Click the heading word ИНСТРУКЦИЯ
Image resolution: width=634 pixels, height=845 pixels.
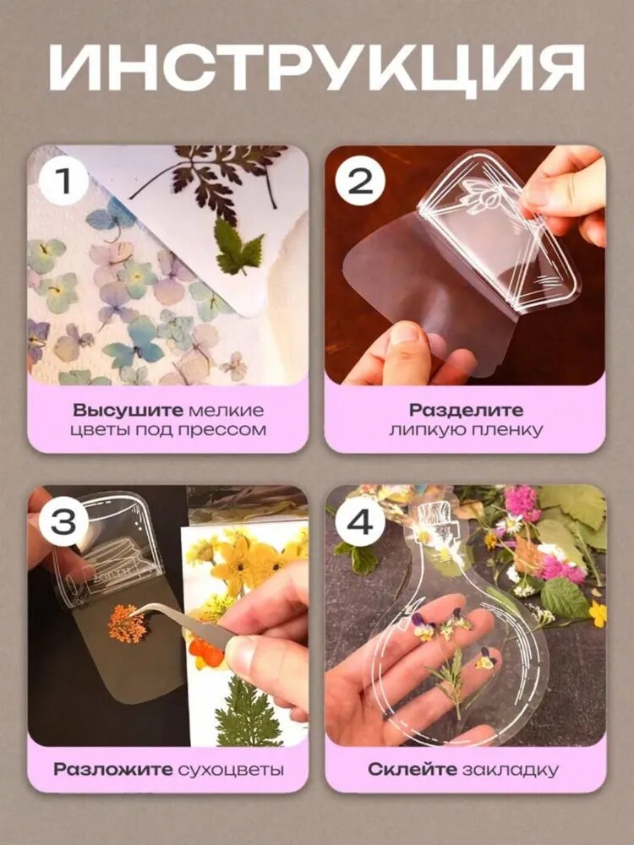317,67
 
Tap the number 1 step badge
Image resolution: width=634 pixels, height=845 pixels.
63,181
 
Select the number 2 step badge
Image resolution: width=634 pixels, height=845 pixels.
360,181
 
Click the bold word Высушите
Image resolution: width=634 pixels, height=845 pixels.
128,411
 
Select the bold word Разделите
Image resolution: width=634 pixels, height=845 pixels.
466,410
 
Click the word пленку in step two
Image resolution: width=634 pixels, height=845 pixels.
510,430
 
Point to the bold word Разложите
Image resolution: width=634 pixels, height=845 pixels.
113,769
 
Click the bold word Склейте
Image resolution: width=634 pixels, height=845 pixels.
412,769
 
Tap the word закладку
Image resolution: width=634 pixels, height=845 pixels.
510,770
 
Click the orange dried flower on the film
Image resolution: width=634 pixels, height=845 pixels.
128,624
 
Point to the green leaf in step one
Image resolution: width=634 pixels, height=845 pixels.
238,246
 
